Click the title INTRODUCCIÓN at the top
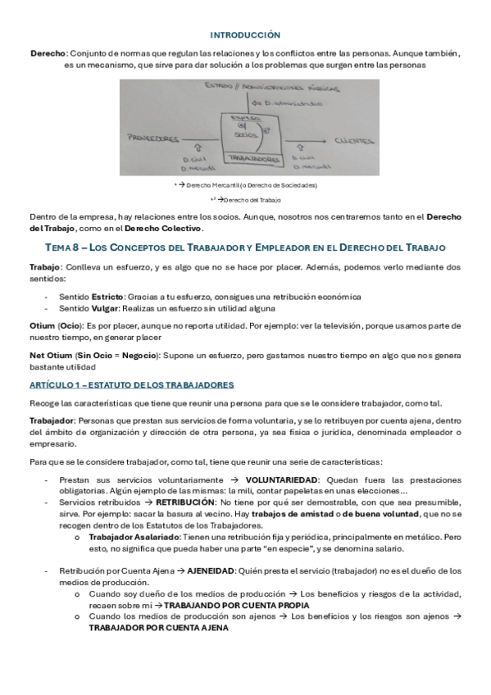tap(245, 34)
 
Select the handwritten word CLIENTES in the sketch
tap(355, 140)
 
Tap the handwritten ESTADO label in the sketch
tap(217, 84)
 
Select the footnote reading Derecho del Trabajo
tap(247, 199)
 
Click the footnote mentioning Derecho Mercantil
tap(246, 185)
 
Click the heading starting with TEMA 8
tap(245, 247)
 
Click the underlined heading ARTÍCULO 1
tap(132, 384)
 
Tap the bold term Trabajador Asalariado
tap(132, 536)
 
